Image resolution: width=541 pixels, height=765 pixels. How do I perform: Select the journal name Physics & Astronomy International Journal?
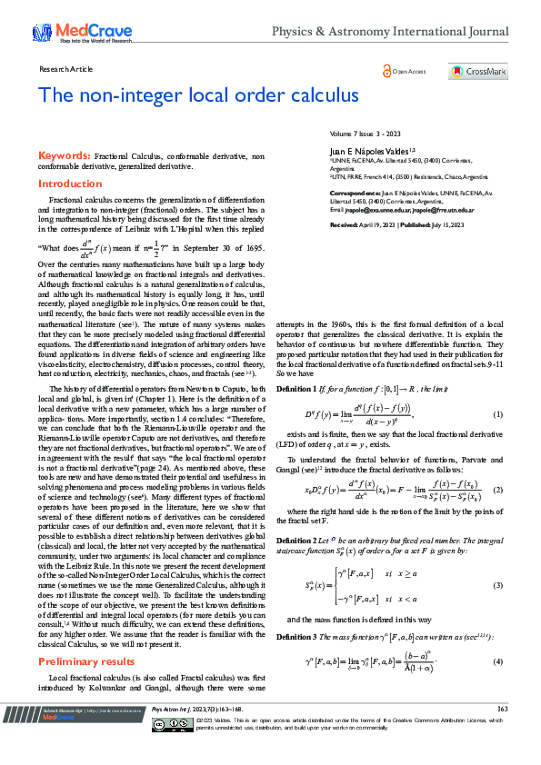pyautogui.click(x=390, y=32)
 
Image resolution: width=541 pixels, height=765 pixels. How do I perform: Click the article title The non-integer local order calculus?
pyautogui.click(x=198, y=95)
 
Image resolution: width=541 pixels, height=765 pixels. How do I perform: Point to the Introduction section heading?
pyautogui.click(x=70, y=184)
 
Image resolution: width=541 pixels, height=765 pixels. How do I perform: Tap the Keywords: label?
pyautogui.click(x=63, y=156)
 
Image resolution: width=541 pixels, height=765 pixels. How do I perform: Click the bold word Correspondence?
pyautogui.click(x=356, y=194)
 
